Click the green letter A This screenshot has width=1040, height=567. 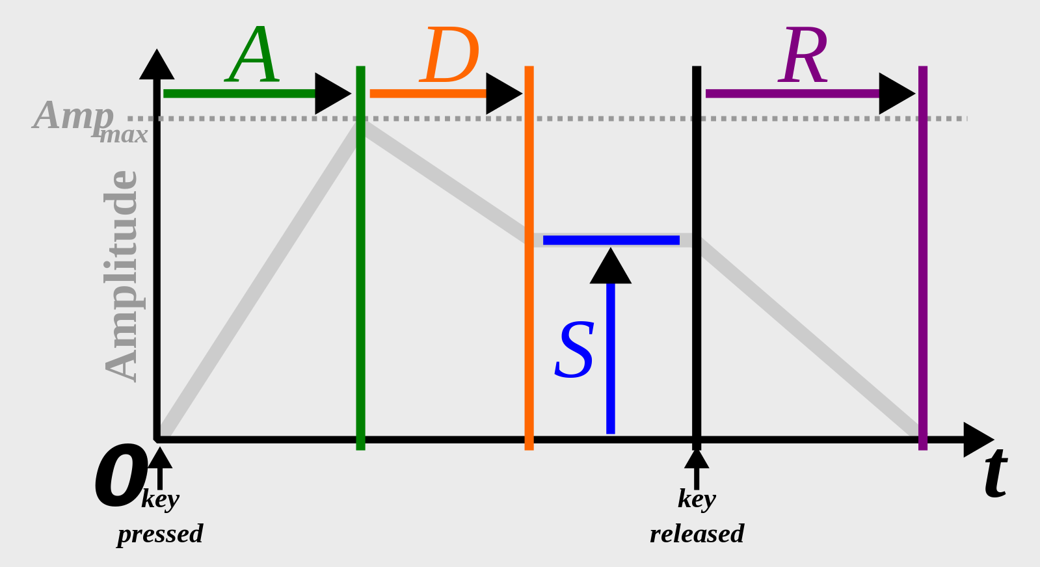(x=253, y=57)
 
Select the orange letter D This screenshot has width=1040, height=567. (x=450, y=57)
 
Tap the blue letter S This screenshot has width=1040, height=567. (x=574, y=350)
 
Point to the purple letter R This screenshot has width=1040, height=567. (x=803, y=57)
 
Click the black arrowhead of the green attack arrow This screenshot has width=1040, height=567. (x=332, y=94)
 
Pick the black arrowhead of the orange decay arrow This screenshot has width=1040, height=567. (x=503, y=94)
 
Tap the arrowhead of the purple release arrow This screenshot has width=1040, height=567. (x=896, y=94)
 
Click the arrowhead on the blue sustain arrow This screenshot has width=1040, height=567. (x=611, y=267)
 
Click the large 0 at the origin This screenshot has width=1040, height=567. (x=120, y=477)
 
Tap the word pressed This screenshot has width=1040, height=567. (x=160, y=534)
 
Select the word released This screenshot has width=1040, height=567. (x=697, y=534)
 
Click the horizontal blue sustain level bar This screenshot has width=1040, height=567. (x=611, y=240)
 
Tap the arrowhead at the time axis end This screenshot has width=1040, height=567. (x=977, y=440)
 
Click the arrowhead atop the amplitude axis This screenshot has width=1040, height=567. (x=157, y=66)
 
